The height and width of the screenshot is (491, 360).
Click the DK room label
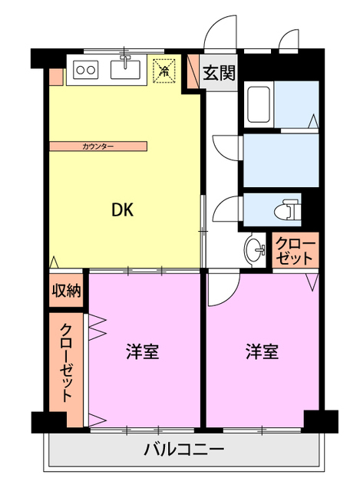pos(122,210)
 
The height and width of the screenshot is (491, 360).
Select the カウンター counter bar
pos(97,145)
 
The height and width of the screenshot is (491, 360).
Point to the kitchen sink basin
pos(126,71)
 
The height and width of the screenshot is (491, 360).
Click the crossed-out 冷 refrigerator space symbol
pos(163,71)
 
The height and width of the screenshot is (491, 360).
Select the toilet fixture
pos(289,209)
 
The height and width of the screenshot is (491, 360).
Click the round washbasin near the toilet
pos(255,249)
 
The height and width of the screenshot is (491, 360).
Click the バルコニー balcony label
pos(184,450)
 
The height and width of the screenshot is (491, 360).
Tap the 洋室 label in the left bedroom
pos(143,352)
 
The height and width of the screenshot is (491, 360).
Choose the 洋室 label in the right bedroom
pos(263,352)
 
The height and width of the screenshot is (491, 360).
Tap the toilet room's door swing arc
pos(227,211)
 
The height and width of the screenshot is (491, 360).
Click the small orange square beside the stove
pos(56,77)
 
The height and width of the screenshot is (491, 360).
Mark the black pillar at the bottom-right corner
pos(320,421)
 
